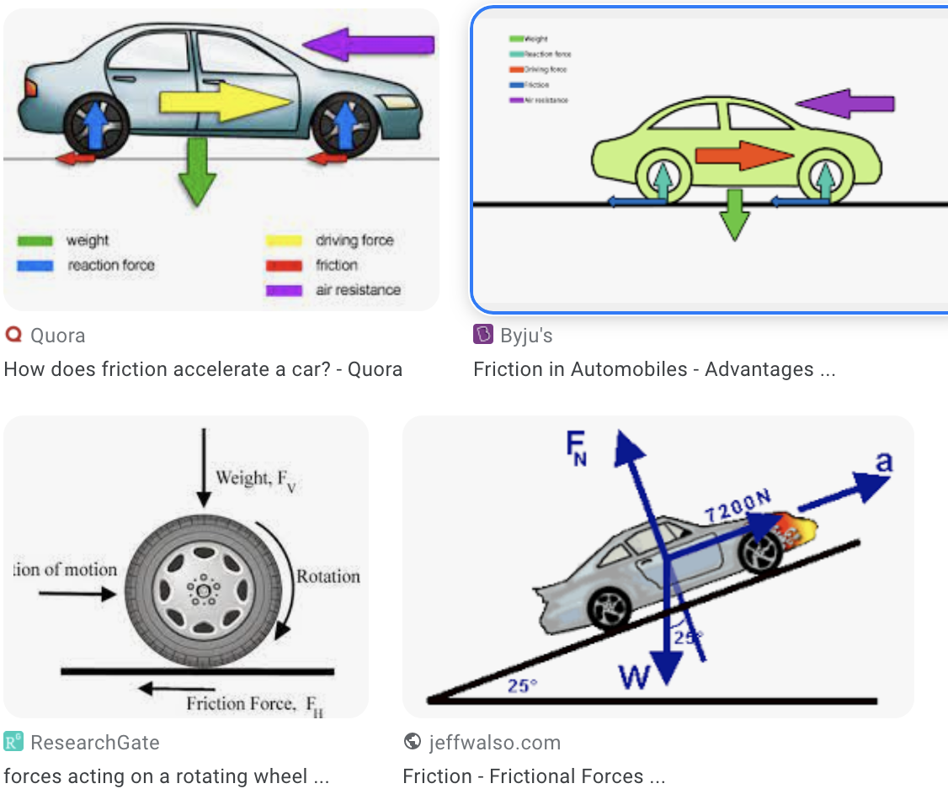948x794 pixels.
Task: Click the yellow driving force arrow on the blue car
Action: point(223,102)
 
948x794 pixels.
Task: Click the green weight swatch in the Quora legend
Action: point(35,241)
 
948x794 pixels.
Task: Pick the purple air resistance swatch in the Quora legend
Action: point(284,290)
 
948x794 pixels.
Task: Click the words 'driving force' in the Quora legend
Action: point(354,241)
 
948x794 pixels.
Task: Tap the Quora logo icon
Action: point(13,335)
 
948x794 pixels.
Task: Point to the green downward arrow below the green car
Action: point(735,215)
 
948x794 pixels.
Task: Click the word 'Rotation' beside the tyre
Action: point(328,576)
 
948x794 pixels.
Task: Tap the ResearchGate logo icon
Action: point(13,742)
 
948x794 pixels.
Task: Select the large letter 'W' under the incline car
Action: point(634,676)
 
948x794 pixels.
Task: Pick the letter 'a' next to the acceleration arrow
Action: point(884,461)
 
